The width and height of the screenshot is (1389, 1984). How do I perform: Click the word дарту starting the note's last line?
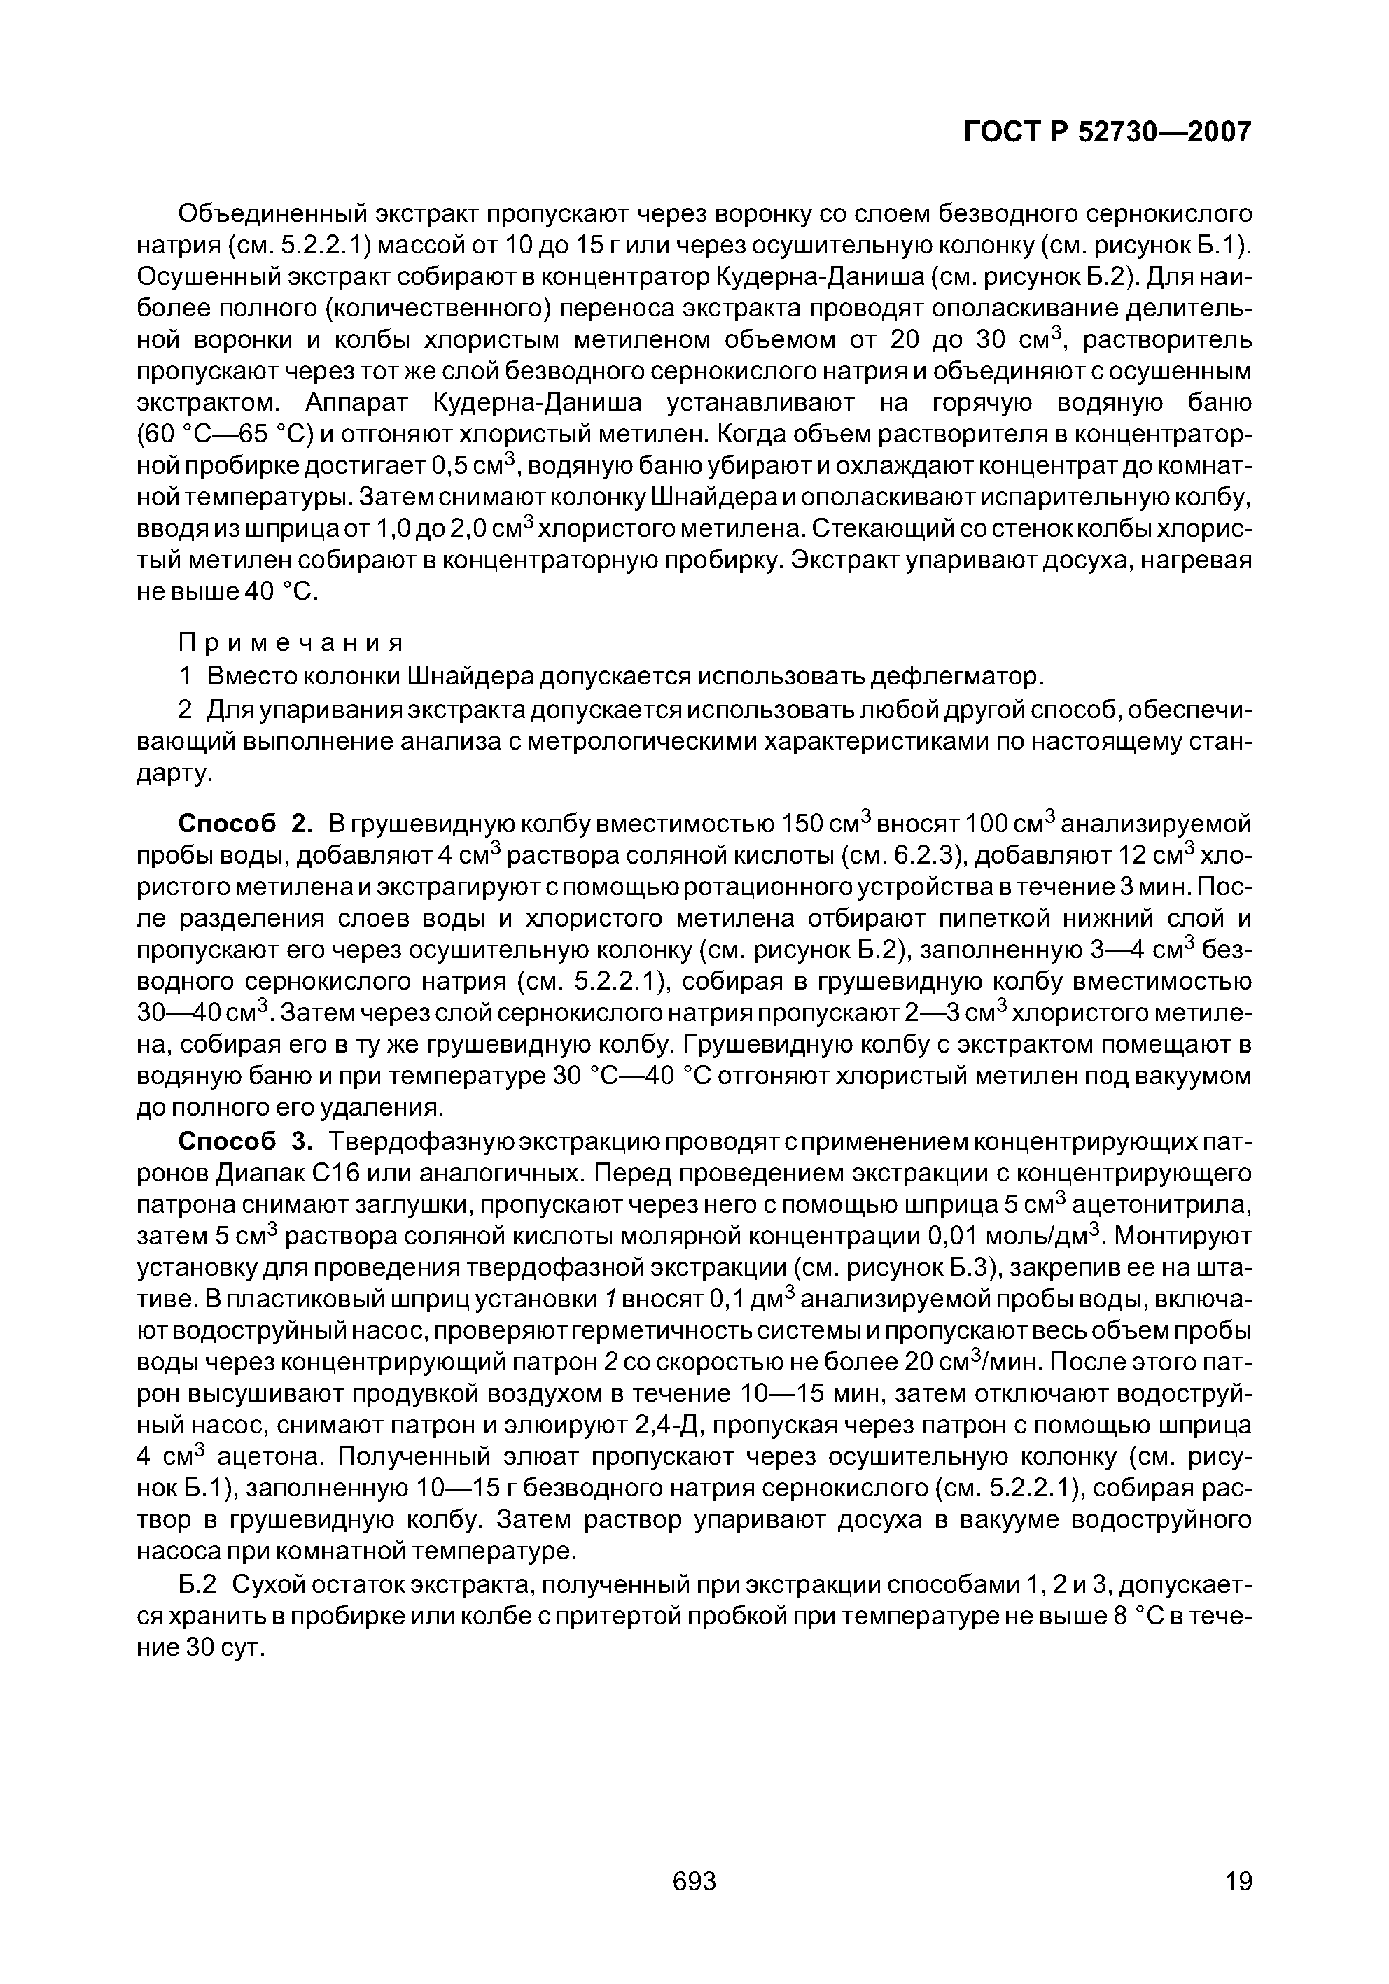point(173,775)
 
